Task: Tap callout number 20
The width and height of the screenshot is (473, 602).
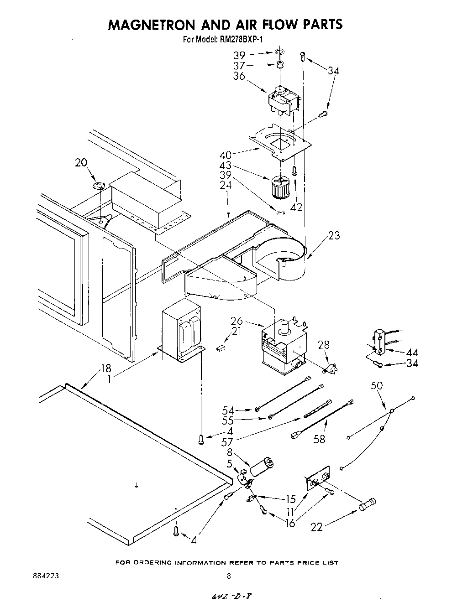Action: click(81, 163)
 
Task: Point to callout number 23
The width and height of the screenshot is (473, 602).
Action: click(334, 236)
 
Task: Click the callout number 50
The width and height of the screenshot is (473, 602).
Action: click(377, 385)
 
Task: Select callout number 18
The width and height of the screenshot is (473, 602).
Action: click(106, 368)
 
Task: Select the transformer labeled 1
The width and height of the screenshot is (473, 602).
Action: click(182, 330)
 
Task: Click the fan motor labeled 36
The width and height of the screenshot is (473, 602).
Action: click(282, 100)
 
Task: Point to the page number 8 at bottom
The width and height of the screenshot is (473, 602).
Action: click(229, 576)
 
